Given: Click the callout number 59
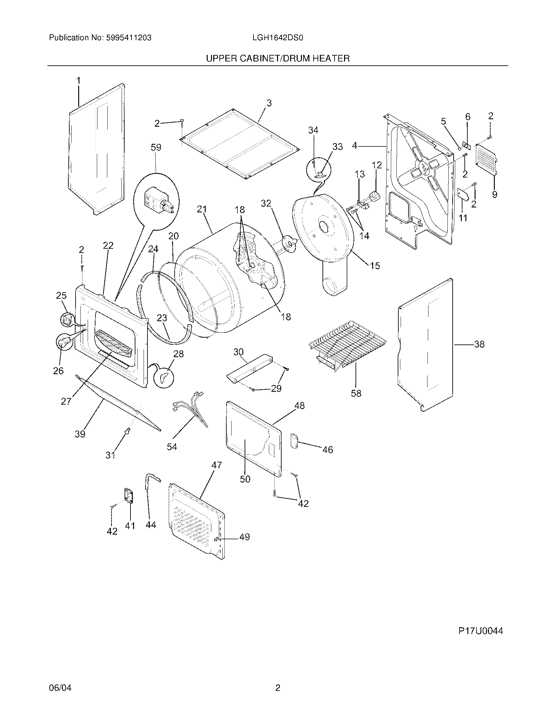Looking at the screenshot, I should [x=156, y=147].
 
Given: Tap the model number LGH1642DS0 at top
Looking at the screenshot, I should [x=277, y=38].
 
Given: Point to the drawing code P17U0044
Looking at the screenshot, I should [x=480, y=631].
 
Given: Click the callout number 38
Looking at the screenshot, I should [x=479, y=344].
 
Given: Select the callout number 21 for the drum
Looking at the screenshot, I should [x=201, y=209].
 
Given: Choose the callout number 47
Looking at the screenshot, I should [x=217, y=465].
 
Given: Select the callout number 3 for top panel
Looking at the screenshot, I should [x=269, y=103].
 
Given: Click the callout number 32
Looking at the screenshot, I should [x=266, y=204].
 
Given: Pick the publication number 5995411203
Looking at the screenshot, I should [x=129, y=38].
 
